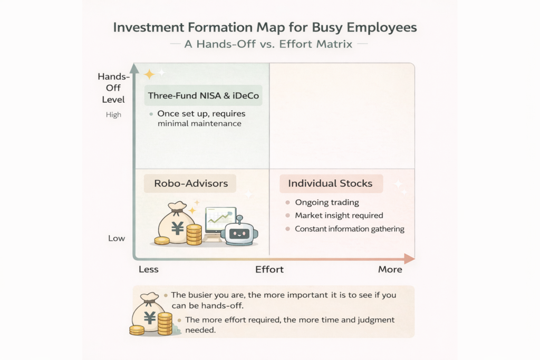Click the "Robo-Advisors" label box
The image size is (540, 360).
click(190, 184)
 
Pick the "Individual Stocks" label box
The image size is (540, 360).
click(330, 183)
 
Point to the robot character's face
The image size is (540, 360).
click(239, 232)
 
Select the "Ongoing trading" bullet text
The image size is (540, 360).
click(326, 202)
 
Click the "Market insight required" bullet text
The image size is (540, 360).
click(339, 216)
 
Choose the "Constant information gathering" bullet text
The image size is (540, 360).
click(349, 229)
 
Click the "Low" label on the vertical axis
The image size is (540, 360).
click(117, 238)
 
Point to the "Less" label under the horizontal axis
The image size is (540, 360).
click(149, 269)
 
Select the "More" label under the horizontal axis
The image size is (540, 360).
click(390, 269)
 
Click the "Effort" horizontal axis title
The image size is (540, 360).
click(269, 269)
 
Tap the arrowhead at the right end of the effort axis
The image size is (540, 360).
click(409, 258)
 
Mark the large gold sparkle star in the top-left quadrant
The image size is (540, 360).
click(149, 74)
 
